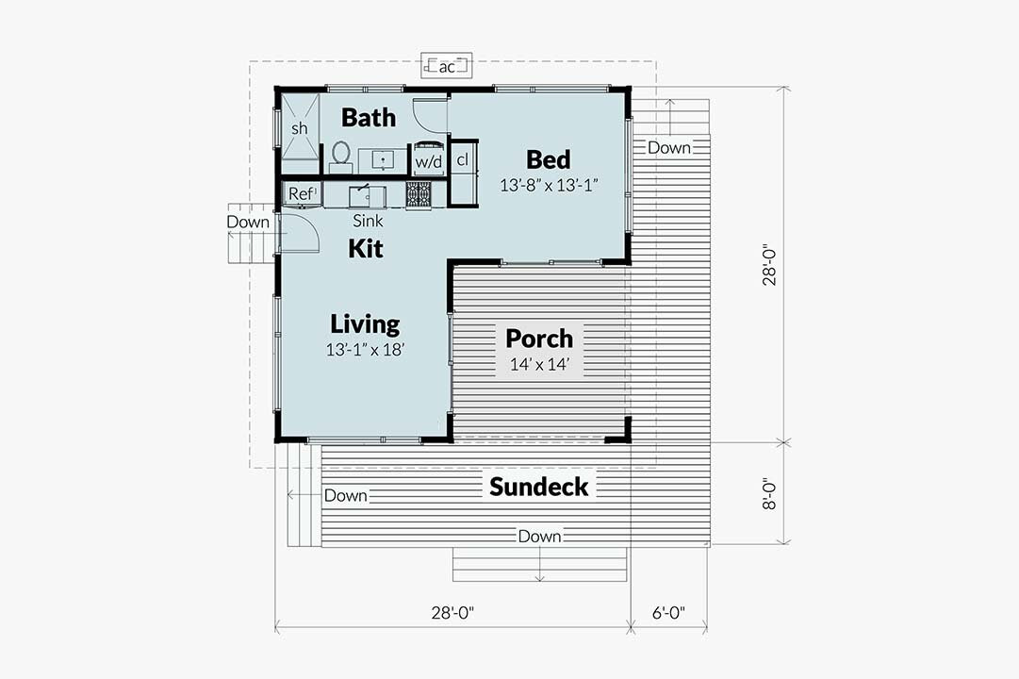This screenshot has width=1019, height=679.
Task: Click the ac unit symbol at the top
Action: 448,66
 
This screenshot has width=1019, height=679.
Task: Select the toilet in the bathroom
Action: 340,155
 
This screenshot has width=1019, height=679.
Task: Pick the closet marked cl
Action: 463,160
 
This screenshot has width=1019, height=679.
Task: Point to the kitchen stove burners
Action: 419,194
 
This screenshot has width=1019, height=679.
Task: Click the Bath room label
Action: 368,118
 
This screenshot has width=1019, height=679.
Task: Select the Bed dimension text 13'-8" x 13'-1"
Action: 550,186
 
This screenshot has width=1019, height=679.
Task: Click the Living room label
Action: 365,324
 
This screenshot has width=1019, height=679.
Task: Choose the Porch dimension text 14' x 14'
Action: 539,364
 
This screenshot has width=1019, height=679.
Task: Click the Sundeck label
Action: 538,487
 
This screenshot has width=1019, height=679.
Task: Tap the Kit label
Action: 365,249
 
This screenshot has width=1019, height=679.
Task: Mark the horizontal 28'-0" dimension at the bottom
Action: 452,613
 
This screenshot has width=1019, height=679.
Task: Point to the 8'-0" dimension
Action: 770,492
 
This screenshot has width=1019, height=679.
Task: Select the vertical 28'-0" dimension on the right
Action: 770,265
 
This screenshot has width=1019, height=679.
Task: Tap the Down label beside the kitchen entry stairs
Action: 247,223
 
